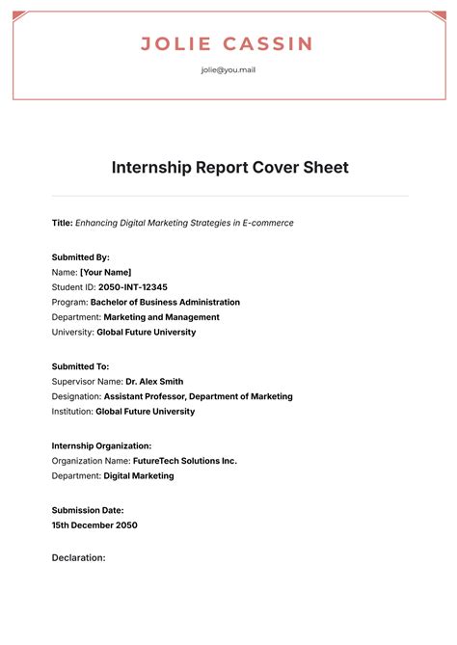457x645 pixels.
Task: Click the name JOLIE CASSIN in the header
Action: (228, 43)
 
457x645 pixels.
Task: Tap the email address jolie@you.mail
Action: (228, 69)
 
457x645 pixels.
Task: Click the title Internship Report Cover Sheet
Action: (229, 168)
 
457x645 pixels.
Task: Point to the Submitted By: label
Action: (81, 257)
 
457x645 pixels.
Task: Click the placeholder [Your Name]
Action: (106, 272)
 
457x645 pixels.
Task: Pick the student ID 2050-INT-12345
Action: (133, 287)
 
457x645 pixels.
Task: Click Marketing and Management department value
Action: (161, 316)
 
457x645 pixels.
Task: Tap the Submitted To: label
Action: (80, 366)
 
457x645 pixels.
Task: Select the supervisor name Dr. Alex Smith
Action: (154, 381)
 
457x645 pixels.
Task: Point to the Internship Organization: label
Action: (101, 445)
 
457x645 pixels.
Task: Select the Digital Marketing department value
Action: (139, 475)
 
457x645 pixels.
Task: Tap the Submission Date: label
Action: (88, 510)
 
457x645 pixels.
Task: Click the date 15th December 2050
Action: (94, 525)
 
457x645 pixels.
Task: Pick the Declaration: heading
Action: (78, 557)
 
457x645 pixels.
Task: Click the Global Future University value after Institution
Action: (145, 411)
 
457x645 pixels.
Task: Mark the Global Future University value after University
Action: (146, 332)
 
